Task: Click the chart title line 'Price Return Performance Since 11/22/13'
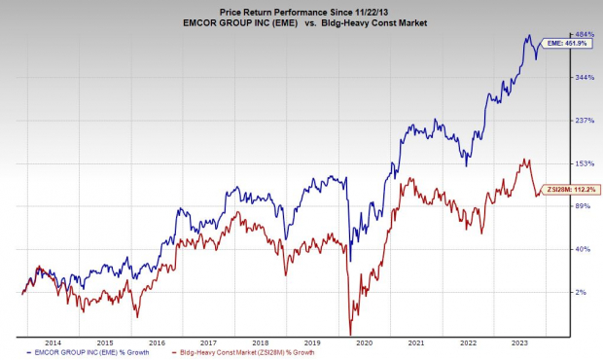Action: (301, 8)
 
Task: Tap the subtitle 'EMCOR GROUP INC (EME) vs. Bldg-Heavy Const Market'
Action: (301, 21)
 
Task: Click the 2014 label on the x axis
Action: (53, 342)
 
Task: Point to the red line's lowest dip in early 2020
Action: (349, 334)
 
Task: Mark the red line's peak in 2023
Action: (526, 160)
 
